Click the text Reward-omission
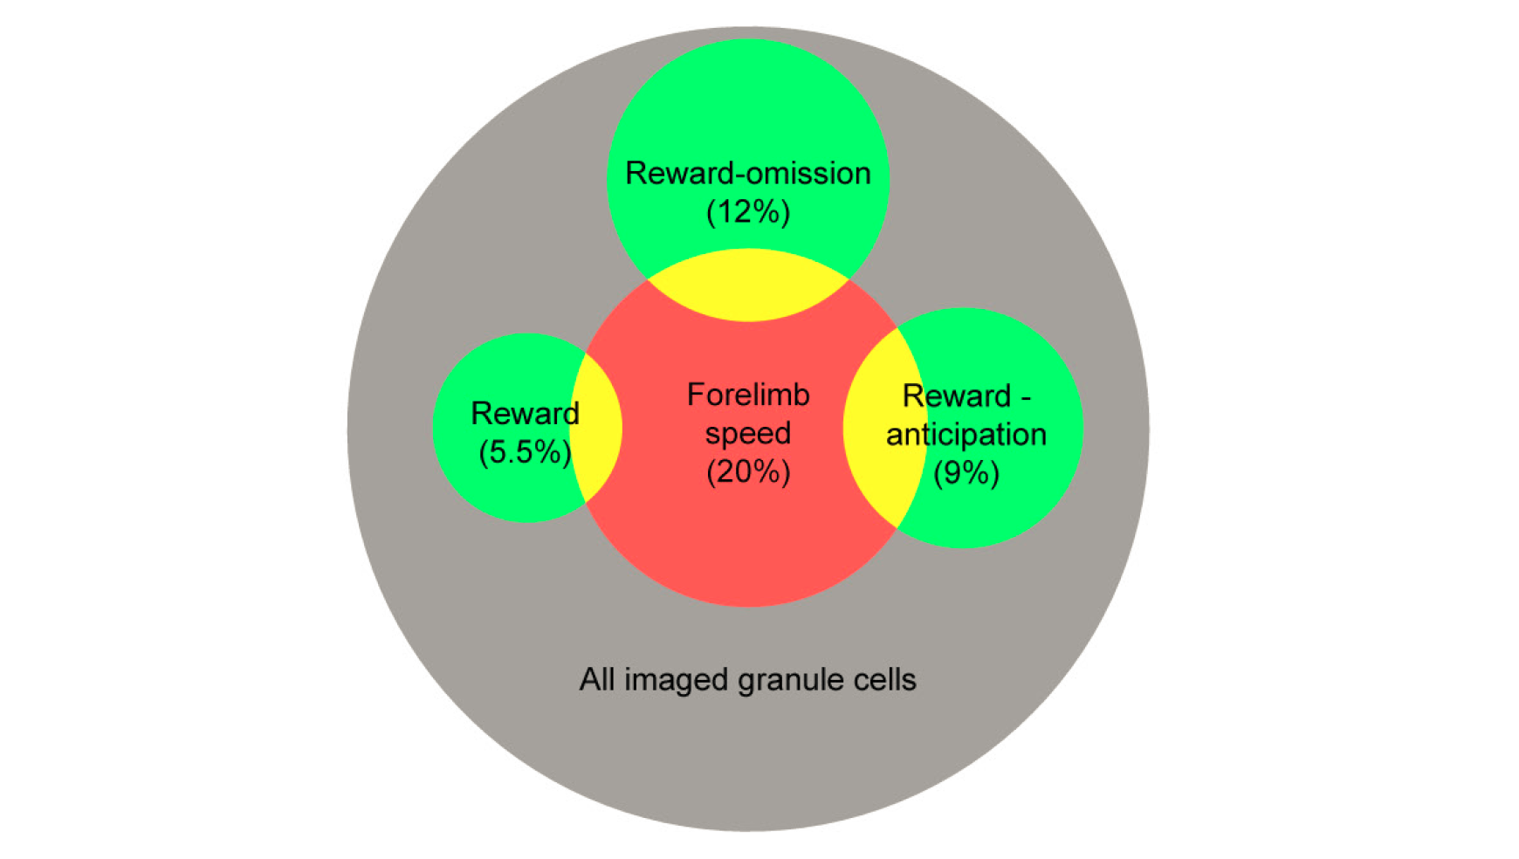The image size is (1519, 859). click(748, 173)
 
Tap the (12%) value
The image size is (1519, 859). click(748, 211)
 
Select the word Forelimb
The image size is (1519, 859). click(748, 395)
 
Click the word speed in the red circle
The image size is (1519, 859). click(748, 435)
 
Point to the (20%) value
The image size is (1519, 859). click(748, 471)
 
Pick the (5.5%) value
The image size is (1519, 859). click(525, 452)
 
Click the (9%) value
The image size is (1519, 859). click(966, 473)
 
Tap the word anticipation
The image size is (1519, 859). click(966, 434)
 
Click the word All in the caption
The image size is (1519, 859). click(597, 679)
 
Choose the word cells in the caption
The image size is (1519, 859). click(887, 679)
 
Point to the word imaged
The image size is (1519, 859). click(677, 681)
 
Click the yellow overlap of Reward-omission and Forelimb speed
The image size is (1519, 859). click(748, 285)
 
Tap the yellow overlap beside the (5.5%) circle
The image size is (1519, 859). click(596, 428)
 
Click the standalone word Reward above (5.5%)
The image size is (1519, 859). click(525, 413)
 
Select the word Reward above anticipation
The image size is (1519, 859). click(956, 395)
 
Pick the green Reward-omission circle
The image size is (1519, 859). click(748, 122)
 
